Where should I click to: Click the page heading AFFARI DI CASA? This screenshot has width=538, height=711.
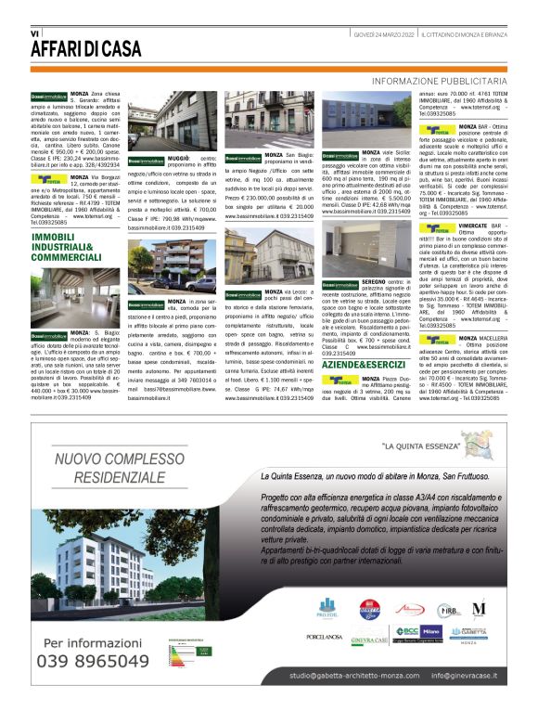pos(88,48)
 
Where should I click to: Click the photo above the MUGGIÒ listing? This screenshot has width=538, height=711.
pos(172,121)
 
